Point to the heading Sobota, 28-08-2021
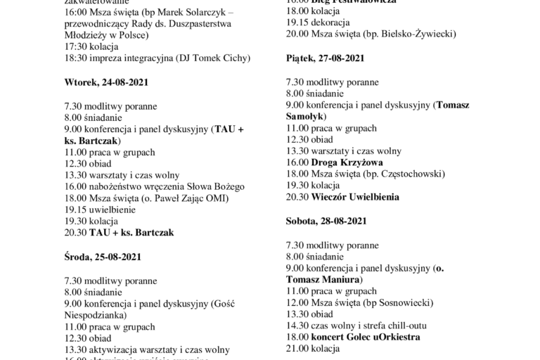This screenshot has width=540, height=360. click(326, 221)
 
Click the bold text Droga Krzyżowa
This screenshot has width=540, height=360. click(340, 163)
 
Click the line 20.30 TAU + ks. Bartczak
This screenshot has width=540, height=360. click(118, 232)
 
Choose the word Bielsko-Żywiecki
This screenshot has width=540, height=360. click(413, 34)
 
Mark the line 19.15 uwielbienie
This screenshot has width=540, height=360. click(97, 210)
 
